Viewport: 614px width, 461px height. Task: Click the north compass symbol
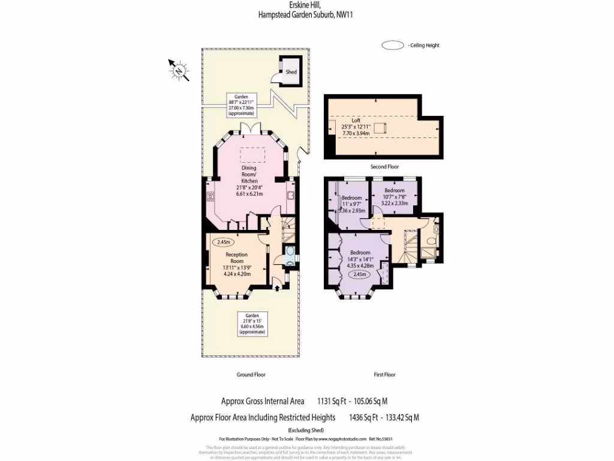(x=179, y=71)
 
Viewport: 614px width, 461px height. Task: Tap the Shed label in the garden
(x=291, y=72)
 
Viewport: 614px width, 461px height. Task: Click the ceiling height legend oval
(x=393, y=45)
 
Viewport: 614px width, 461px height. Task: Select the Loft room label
(x=356, y=120)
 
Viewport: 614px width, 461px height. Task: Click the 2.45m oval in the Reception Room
(x=223, y=243)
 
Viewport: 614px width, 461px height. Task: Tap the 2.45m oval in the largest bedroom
(x=360, y=274)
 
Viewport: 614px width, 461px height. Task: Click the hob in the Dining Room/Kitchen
(x=210, y=196)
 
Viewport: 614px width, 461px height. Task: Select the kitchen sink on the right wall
(x=290, y=196)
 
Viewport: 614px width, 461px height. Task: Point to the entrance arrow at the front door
(x=276, y=288)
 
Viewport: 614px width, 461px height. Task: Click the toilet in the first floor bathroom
(x=437, y=229)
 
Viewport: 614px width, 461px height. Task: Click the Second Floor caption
(x=384, y=167)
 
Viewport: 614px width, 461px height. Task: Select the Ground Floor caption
(x=251, y=375)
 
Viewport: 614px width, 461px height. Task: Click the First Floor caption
(x=384, y=375)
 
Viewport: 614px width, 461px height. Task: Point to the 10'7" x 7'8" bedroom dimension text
(x=395, y=197)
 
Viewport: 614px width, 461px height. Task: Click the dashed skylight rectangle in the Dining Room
(x=252, y=155)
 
